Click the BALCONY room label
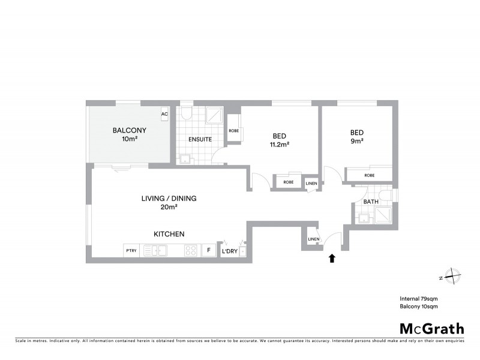(x=129, y=130)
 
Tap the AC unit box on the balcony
(x=164, y=114)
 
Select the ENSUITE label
(x=200, y=139)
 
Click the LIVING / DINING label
(x=169, y=199)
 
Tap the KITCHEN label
(x=169, y=234)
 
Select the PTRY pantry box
(x=131, y=251)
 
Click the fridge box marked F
(x=208, y=250)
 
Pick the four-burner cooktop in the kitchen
(x=191, y=251)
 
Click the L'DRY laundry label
(x=230, y=251)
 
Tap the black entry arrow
(x=331, y=259)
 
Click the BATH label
(x=371, y=202)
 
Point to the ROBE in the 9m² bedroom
(x=370, y=175)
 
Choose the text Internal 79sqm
(x=419, y=298)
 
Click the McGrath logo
(x=432, y=328)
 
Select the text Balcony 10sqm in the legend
(x=419, y=307)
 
